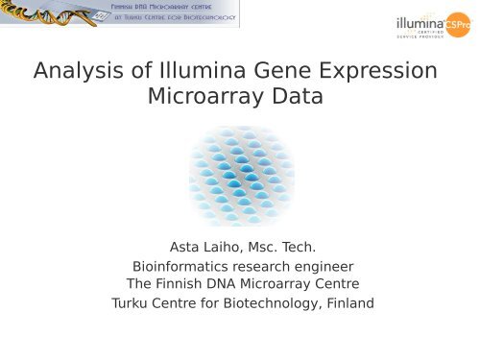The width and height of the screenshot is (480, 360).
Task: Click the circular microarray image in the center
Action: [240, 176]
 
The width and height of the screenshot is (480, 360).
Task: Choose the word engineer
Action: [324, 266]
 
